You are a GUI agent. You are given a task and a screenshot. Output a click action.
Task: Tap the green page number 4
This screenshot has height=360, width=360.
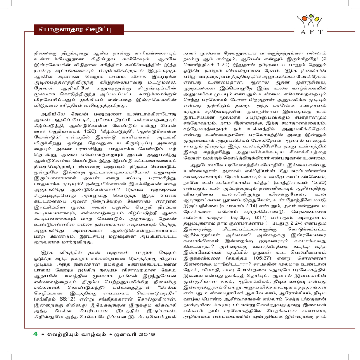36,346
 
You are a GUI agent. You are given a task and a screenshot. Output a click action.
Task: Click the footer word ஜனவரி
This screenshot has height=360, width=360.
124,347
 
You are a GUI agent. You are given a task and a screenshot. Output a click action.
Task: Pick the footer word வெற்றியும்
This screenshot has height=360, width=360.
61,347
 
